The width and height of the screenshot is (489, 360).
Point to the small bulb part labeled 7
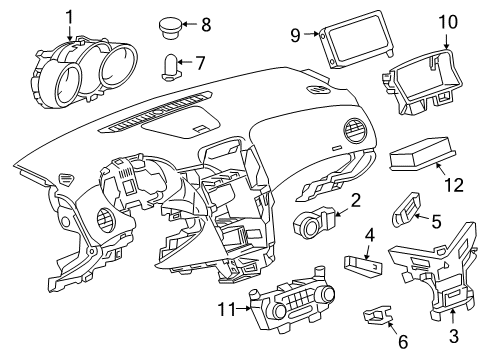[x=171, y=66]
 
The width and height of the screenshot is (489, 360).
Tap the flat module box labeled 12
[x=419, y=156]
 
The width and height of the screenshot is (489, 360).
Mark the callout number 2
[x=355, y=201]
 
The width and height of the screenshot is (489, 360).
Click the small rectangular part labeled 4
[x=364, y=264]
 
